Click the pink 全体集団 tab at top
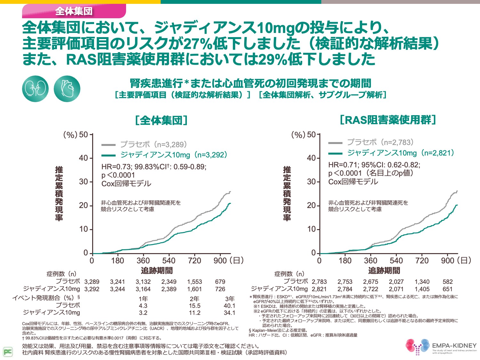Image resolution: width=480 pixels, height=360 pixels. coord(74,11)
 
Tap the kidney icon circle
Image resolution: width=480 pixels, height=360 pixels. coord(35,89)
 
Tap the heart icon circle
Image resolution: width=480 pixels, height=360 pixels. coord(67,89)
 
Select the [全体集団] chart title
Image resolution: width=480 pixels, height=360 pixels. coord(161,121)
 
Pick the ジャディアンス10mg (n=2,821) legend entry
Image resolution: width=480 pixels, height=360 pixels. coord(392,153)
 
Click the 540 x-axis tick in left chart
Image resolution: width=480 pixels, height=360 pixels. coord(169,261)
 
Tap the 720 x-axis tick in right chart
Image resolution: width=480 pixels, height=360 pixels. coord(422,261)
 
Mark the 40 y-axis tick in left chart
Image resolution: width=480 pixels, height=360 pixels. coord(83,158)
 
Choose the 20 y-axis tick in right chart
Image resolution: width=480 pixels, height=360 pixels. coord(311,205)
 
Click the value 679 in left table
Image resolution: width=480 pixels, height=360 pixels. coord(220,282)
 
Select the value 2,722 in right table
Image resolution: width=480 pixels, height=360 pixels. coord(371,289)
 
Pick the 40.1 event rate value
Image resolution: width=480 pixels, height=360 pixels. coord(229,306)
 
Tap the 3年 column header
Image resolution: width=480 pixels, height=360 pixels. coord(229,299)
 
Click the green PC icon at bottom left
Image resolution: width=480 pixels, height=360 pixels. coord(8,352)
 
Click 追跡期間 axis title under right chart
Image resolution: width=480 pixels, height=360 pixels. coord(384,271)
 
